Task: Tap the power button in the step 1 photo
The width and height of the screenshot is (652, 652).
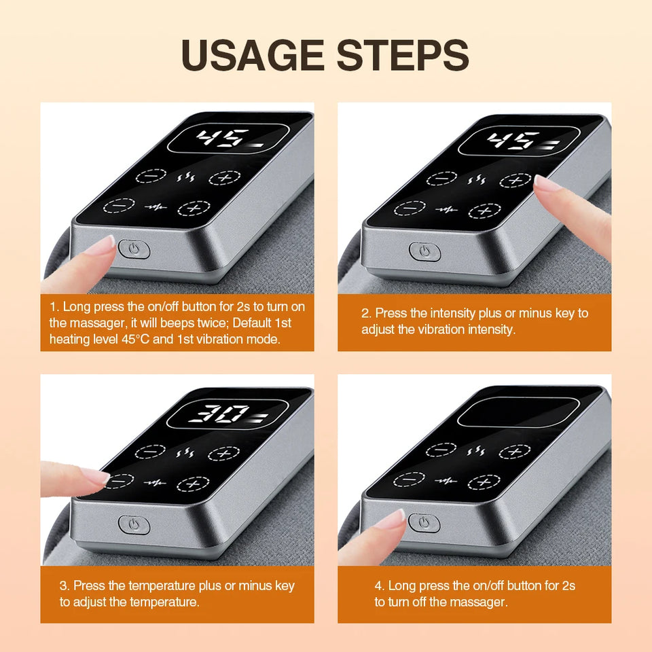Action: coord(134,249)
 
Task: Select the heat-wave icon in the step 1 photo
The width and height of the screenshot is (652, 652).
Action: coord(185,178)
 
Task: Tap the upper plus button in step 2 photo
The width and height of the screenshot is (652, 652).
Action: coord(516,180)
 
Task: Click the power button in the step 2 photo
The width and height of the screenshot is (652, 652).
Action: coord(424,251)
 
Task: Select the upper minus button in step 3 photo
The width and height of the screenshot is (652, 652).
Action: coord(150,451)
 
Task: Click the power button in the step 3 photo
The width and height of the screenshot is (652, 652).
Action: coord(134,524)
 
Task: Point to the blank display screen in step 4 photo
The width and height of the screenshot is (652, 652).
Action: coord(518,412)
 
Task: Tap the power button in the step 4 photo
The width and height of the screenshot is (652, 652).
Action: coord(424,522)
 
